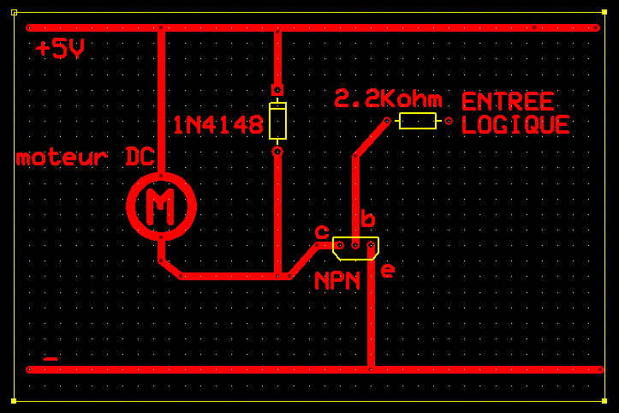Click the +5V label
pyautogui.click(x=60, y=50)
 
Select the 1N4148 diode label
pyautogui.click(x=217, y=126)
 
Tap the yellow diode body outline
pyautogui.click(x=277, y=121)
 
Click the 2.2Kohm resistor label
pyautogui.click(x=388, y=100)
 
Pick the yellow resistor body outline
pyautogui.click(x=418, y=121)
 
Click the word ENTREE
pyautogui.click(x=508, y=102)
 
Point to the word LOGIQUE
pyautogui.click(x=515, y=125)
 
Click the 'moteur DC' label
pyautogui.click(x=85, y=158)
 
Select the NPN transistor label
pyautogui.click(x=336, y=281)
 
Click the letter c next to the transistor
pyautogui.click(x=322, y=232)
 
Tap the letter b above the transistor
pyautogui.click(x=367, y=219)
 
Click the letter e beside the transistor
pyautogui.click(x=388, y=271)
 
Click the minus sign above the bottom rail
pyautogui.click(x=51, y=359)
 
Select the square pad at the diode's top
pyautogui.click(x=277, y=89)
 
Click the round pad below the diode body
pyautogui.click(x=277, y=152)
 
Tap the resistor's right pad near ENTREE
pyautogui.click(x=449, y=121)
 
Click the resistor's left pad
pyautogui.click(x=387, y=121)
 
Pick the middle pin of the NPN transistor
pyautogui.click(x=355, y=245)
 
